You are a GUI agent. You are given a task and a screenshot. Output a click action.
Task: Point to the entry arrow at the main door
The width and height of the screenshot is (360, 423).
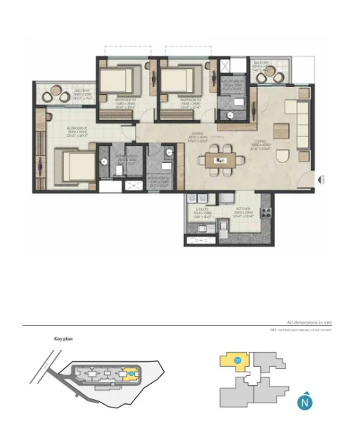point(321,179)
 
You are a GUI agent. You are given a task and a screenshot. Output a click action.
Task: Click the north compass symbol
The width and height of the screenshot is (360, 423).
point(304,402)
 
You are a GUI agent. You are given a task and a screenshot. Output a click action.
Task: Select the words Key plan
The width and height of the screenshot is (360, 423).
point(63,339)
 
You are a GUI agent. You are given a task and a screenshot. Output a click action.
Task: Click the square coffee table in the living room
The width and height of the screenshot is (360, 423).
point(281,131)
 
